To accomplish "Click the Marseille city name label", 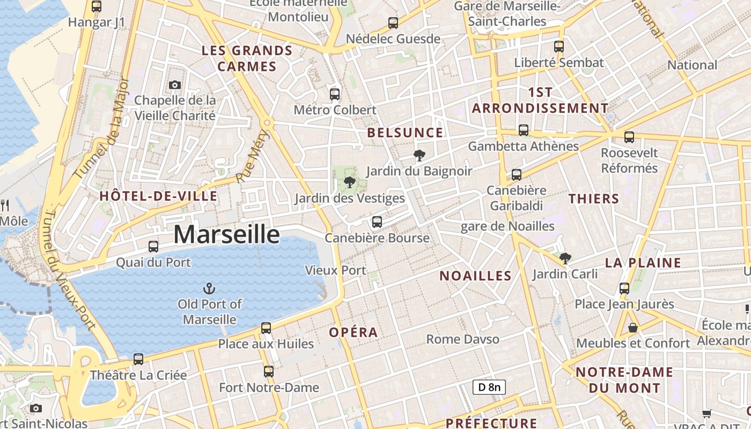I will coord(226,235).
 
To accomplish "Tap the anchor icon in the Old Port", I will coord(209,289).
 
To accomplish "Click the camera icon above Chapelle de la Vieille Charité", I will coord(174,85).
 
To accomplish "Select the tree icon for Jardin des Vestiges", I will coord(350,182).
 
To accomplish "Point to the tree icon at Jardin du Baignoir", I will coord(419,156).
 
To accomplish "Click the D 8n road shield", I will coord(489,387).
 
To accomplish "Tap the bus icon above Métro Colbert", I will coord(335,94).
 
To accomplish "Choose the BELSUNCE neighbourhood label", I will coord(405,133).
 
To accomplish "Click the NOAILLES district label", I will coord(475,276).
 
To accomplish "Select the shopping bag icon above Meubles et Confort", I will coord(633,327).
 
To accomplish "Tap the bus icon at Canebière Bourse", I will coord(377,222).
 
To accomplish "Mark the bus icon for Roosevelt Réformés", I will coord(629,137).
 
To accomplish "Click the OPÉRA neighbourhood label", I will coord(354,332).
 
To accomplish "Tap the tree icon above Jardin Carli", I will coord(565,258).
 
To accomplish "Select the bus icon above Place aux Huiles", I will coord(266,328).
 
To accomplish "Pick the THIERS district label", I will coord(594,199).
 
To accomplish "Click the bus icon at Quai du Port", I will coord(153,247).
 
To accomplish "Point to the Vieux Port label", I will coord(335,270).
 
